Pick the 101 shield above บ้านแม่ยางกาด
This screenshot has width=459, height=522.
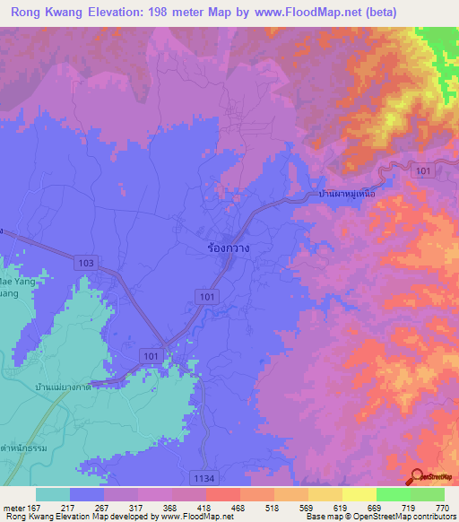152,357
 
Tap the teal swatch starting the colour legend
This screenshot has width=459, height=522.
53,494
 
